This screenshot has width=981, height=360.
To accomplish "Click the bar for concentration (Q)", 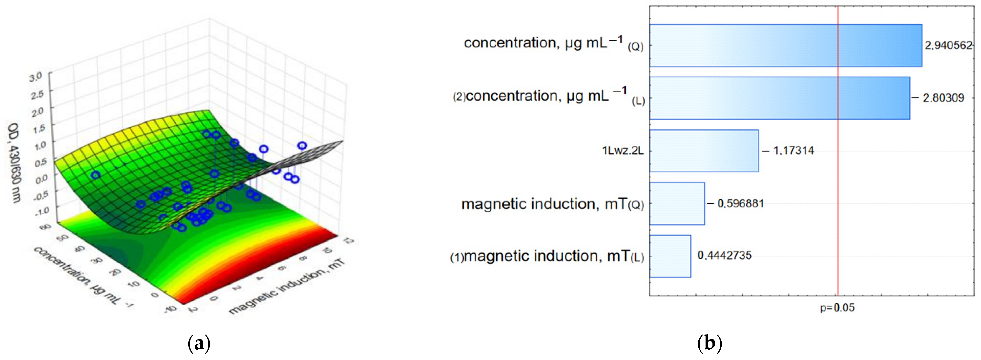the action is click(785, 45).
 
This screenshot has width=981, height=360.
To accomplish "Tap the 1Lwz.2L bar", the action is click(703, 151).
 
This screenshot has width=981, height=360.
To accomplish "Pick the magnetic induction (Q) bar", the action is click(677, 203).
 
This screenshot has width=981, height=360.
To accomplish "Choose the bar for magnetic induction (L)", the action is click(670, 256).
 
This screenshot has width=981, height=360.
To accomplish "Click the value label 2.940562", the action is click(948, 45).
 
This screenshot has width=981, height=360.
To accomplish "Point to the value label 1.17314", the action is click(793, 151).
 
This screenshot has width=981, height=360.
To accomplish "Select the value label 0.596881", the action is click(740, 203).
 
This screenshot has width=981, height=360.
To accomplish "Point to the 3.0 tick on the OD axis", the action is click(36, 77).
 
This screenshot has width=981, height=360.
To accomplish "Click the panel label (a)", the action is click(199, 344).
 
